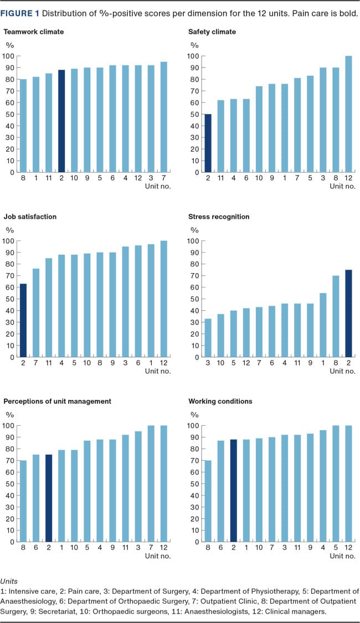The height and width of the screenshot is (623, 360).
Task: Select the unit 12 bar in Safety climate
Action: click(x=348, y=114)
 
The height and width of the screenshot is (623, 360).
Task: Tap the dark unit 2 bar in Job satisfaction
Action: click(x=23, y=321)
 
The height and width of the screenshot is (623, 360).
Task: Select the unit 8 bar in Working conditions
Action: click(x=208, y=501)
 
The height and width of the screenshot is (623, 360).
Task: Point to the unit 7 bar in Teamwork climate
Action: click(x=164, y=117)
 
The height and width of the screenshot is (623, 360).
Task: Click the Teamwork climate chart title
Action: click(x=34, y=32)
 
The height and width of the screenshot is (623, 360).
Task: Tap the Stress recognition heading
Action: click(x=219, y=217)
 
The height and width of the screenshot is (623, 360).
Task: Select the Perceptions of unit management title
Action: click(x=58, y=401)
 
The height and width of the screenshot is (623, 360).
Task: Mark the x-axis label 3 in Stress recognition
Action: click(x=208, y=363)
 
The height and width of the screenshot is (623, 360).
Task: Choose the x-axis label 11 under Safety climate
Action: click(x=220, y=178)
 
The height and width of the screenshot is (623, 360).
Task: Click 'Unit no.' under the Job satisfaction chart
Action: click(x=158, y=371)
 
